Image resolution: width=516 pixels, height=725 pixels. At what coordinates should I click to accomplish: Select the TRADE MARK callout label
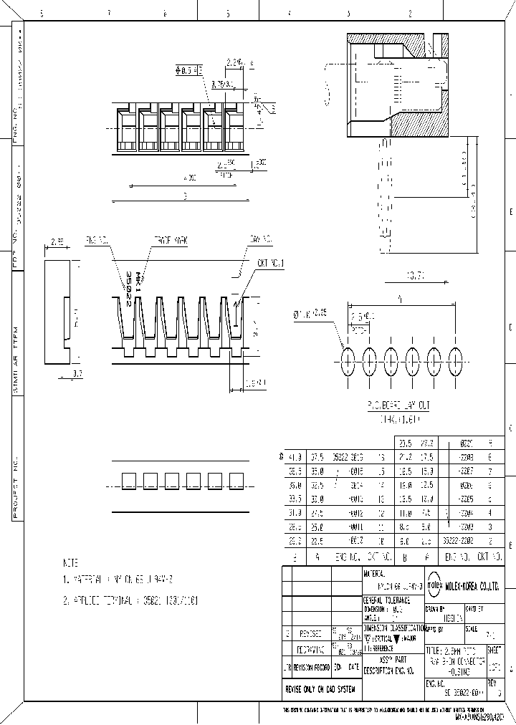[170, 242]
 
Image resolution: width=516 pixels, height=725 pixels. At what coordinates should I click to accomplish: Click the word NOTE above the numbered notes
[72, 563]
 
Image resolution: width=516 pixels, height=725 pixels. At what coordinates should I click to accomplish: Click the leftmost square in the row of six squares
[130, 480]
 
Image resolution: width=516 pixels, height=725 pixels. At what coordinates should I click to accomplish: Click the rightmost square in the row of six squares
[236, 480]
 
